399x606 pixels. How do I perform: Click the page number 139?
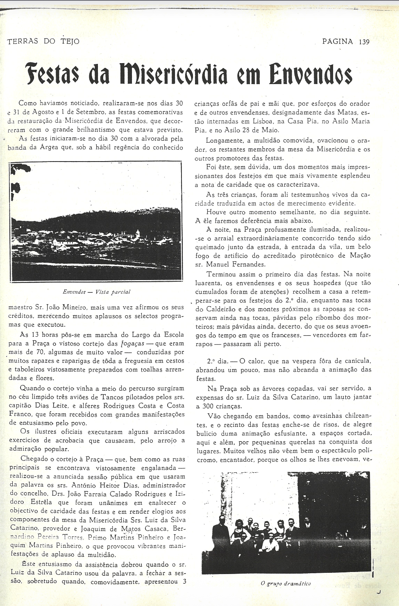click(x=364, y=41)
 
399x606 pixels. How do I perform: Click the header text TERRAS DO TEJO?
click(x=43, y=41)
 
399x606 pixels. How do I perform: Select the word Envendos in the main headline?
click(x=310, y=75)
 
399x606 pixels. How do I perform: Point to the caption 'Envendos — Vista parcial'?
click(x=96, y=292)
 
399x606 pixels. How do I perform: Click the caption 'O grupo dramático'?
click(x=286, y=583)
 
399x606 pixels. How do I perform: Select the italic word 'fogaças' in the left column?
click(x=133, y=344)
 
